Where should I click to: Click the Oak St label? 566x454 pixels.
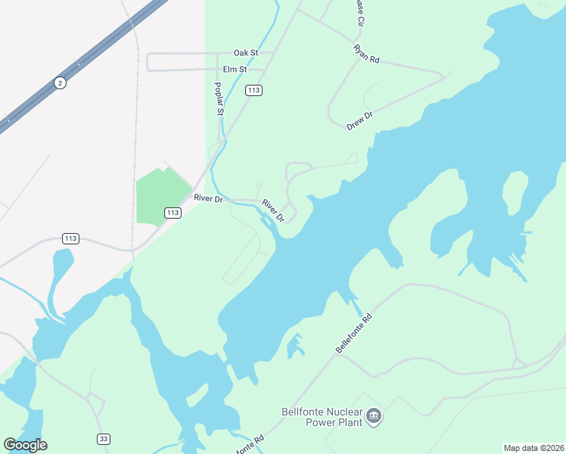pyautogui.click(x=246, y=53)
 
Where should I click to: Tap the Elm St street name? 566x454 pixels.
pyautogui.click(x=235, y=69)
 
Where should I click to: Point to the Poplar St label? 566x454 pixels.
pyautogui.click(x=219, y=99)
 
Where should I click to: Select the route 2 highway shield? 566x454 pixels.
pyautogui.click(x=59, y=82)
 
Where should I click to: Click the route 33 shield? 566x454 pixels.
pyautogui.click(x=104, y=439)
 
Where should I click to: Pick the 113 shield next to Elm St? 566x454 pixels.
pyautogui.click(x=253, y=90)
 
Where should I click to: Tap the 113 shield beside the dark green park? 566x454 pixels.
pyautogui.click(x=173, y=213)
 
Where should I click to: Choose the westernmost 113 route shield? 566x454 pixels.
pyautogui.click(x=70, y=238)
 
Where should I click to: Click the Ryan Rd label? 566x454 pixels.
pyautogui.click(x=366, y=54)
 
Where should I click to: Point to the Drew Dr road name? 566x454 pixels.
pyautogui.click(x=360, y=121)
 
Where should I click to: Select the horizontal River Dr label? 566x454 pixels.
pyautogui.click(x=208, y=198)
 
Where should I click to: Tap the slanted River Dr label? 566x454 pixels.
pyautogui.click(x=272, y=210)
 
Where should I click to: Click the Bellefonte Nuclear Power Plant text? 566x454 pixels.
pyautogui.click(x=321, y=418)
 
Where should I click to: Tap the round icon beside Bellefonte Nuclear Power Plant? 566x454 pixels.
pyautogui.click(x=374, y=416)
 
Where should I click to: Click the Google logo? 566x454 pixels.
pyautogui.click(x=25, y=445)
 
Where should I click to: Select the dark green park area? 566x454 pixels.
pyautogui.click(x=162, y=193)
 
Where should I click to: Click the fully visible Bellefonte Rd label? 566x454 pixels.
pyautogui.click(x=354, y=334)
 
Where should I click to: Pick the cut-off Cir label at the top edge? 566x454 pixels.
pyautogui.click(x=359, y=12)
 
